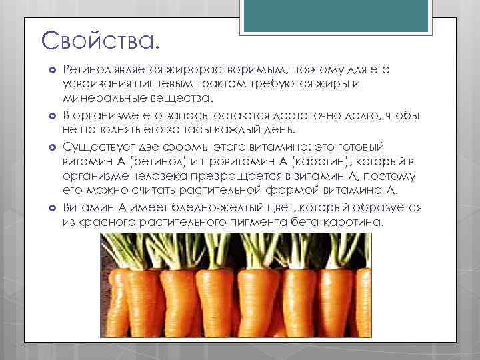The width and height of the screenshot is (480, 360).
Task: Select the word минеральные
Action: click(102, 99)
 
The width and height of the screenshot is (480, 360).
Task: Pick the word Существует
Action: click(99, 146)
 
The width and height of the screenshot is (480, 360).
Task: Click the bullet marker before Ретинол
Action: click(51, 70)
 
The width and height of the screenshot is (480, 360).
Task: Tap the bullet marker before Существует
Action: click(51, 147)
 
